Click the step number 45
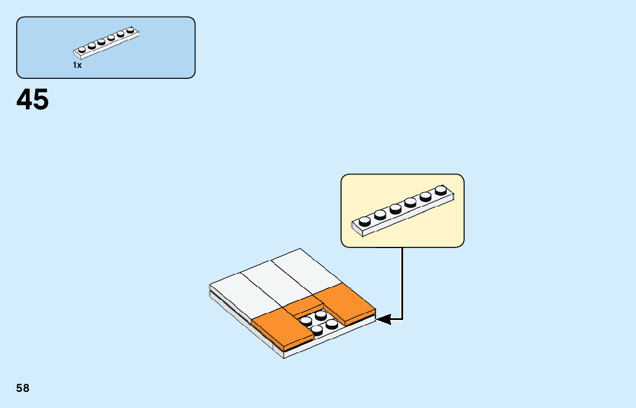(33, 100)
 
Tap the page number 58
(23, 388)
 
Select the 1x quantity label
(77, 66)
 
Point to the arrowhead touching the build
(384, 318)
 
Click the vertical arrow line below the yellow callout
(402, 282)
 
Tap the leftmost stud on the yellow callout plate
(364, 220)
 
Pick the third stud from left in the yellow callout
(395, 208)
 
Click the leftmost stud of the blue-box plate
(82, 51)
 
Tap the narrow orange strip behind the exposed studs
(304, 306)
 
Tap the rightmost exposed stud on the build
(332, 323)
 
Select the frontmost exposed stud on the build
(317, 329)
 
